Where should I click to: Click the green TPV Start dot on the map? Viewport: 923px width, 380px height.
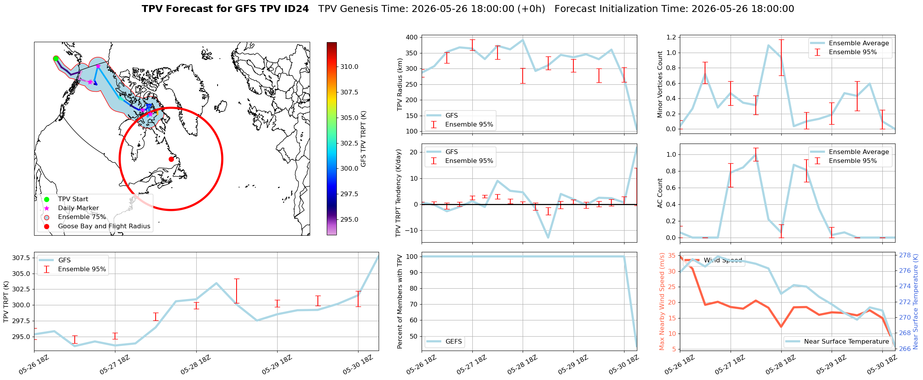(x=56, y=59)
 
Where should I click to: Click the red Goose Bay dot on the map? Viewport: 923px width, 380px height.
(x=171, y=159)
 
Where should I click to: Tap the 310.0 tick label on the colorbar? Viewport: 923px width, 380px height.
(x=349, y=67)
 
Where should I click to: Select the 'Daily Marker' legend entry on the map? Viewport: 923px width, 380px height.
(x=78, y=208)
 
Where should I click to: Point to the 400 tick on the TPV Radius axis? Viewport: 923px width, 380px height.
(x=412, y=38)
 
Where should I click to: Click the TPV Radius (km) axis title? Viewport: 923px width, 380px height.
(x=400, y=84)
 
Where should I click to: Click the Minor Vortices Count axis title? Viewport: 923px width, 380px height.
(x=660, y=84)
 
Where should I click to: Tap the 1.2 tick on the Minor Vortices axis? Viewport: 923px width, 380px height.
(x=671, y=37)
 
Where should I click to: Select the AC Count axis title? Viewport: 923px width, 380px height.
(x=660, y=193)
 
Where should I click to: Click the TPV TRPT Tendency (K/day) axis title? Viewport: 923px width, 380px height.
(x=398, y=193)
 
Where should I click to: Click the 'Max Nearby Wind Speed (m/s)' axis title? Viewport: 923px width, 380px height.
(x=662, y=301)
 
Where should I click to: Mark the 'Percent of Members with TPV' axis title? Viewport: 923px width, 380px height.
(x=400, y=301)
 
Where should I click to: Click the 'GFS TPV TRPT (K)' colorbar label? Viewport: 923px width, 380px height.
(x=363, y=139)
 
